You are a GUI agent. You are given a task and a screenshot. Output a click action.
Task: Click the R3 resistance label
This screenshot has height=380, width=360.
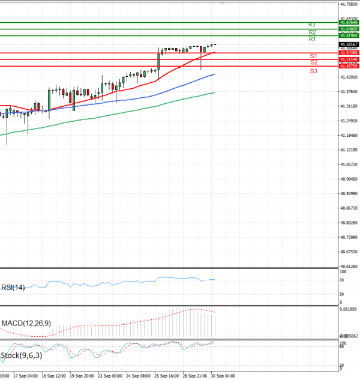click(x=311, y=25)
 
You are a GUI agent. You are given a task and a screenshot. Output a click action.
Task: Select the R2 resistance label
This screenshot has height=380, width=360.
click(x=312, y=32)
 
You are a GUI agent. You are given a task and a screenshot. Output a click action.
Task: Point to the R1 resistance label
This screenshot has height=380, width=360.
click(x=312, y=39)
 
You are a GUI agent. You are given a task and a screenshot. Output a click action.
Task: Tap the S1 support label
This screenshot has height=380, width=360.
click(x=313, y=56)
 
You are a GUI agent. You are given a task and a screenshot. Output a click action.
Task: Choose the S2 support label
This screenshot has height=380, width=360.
click(x=314, y=62)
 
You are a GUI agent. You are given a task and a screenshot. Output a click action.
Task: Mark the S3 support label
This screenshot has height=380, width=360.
click(x=314, y=71)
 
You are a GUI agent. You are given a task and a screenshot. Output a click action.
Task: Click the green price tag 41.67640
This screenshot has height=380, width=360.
click(x=349, y=22)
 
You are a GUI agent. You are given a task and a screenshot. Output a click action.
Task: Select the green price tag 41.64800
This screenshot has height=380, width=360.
click(x=349, y=29)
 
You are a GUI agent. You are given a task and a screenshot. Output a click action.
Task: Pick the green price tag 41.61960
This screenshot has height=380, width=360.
click(x=349, y=35)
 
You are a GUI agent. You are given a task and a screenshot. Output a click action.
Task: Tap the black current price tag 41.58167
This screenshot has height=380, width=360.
click(x=349, y=44)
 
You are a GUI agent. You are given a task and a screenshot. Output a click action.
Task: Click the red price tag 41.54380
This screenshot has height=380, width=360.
click(x=349, y=53)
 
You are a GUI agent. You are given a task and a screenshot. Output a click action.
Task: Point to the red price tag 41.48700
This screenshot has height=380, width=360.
click(x=349, y=66)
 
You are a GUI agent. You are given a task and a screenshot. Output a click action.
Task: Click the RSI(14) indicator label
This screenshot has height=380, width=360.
click(x=13, y=288)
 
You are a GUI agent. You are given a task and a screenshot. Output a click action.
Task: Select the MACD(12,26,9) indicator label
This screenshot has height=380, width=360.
click(x=26, y=324)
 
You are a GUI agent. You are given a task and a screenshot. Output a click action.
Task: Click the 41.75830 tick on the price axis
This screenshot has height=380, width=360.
click(x=349, y=4)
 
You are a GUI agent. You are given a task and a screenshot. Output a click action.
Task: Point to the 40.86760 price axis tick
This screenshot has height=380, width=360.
click(x=349, y=208)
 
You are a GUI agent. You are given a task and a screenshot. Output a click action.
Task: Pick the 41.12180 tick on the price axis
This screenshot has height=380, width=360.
click(x=349, y=150)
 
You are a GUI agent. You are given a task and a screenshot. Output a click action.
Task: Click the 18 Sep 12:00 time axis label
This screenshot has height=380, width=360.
click(x=52, y=375)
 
